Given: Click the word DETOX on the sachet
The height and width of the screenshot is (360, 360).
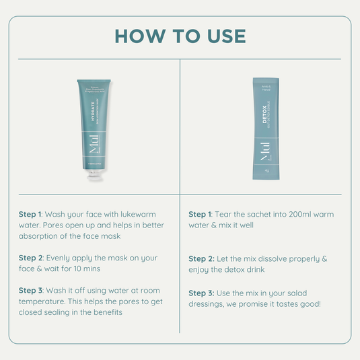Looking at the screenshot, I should [x=265, y=109].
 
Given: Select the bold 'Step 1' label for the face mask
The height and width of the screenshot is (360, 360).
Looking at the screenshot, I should [x=30, y=214].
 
